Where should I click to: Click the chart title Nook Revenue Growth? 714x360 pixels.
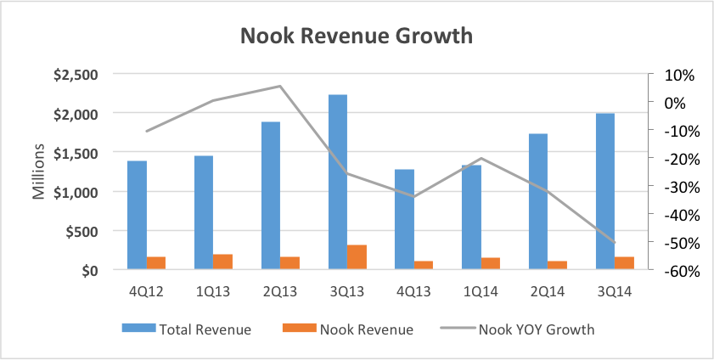pyautogui.click(x=357, y=36)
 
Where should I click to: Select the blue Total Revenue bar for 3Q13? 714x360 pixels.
pyautogui.click(x=337, y=182)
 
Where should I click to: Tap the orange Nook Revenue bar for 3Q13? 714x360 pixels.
pyautogui.click(x=357, y=257)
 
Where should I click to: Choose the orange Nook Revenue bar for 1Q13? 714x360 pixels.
pyautogui.click(x=223, y=262)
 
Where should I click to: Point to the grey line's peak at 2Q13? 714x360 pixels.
pyautogui.click(x=279, y=86)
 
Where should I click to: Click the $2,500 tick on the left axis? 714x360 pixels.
pyautogui.click(x=75, y=75)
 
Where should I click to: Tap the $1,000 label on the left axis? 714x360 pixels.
pyautogui.click(x=75, y=192)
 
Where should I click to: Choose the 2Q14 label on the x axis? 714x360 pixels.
pyautogui.click(x=548, y=292)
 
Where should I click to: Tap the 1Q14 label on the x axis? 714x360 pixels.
pyautogui.click(x=481, y=292)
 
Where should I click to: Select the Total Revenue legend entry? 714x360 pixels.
pyautogui.click(x=187, y=329)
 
